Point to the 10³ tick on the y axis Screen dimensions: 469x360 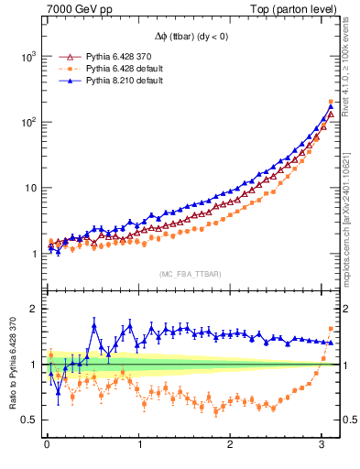(x=27, y=57)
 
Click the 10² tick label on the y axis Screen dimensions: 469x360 (x=27, y=123)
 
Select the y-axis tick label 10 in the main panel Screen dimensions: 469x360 (x=29, y=189)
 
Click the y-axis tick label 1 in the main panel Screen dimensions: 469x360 (x=33, y=254)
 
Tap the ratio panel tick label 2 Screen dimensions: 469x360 (x=33, y=309)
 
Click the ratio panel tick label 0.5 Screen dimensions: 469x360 (x=28, y=420)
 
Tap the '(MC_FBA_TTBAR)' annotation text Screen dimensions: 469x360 (x=190, y=272)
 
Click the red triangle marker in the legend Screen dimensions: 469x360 (x=64, y=57)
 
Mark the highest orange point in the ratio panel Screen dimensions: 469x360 (x=331, y=329)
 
